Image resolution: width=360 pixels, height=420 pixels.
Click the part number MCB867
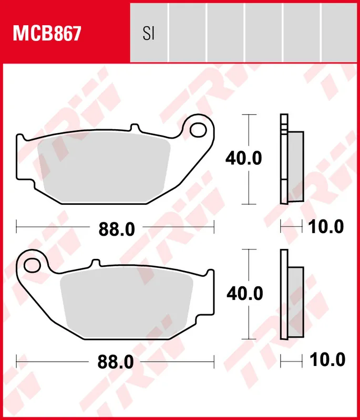pyautogui.click(x=47, y=34)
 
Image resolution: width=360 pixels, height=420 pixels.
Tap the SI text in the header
pyautogui.click(x=148, y=34)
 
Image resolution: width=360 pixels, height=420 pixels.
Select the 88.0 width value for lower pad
pyautogui.click(x=117, y=362)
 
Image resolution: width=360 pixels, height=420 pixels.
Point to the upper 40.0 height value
pyautogui.click(x=243, y=158)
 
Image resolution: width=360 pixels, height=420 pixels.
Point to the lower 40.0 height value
pyautogui.click(x=244, y=293)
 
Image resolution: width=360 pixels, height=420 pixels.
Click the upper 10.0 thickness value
pyautogui.click(x=325, y=227)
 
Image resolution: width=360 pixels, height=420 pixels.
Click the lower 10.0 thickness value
pyautogui.click(x=326, y=360)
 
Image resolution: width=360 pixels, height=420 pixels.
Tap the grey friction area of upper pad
pyautogui.click(x=105, y=168)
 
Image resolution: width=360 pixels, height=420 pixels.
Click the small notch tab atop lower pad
pyautogui.click(x=95, y=262)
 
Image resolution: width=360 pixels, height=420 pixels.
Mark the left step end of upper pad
pyautogui.click(x=19, y=139)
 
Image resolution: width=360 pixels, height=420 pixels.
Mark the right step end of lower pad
pyautogui.click(x=211, y=272)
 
